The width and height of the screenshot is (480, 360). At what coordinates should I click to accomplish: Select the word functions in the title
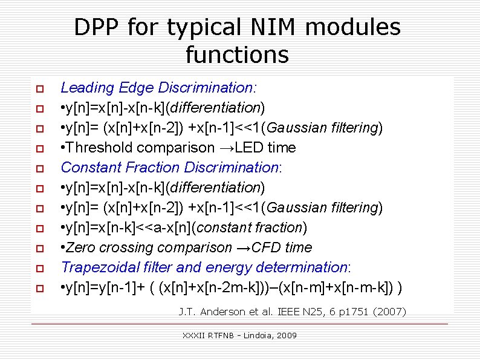pos(237,55)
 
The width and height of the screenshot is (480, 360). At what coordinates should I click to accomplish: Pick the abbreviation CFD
pos(266,247)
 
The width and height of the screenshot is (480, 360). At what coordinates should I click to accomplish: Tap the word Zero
pos(80,247)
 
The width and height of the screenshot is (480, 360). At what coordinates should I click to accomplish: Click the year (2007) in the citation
pos(391,312)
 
